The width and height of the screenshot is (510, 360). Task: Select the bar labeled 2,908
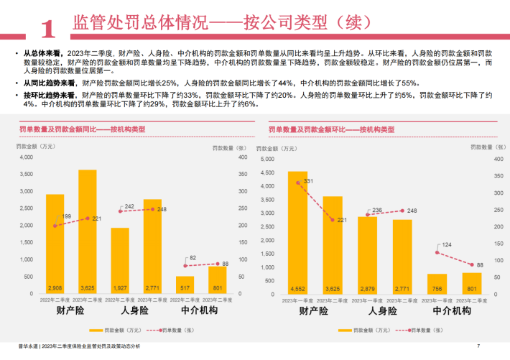(x=55, y=241)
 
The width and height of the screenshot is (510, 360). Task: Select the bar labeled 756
(x=437, y=282)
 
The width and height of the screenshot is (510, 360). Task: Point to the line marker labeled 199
(x=55, y=226)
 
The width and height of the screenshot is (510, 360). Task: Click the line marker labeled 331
(x=297, y=183)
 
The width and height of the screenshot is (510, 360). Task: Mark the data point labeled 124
(x=437, y=252)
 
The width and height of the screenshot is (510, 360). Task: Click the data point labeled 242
(x=120, y=211)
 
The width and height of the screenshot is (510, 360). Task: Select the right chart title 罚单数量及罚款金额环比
(x=331, y=129)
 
